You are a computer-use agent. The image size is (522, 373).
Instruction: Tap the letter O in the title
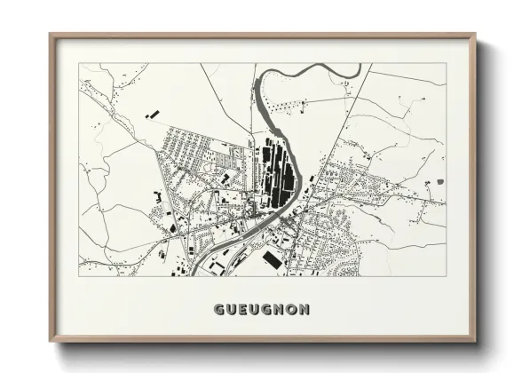click(x=291, y=310)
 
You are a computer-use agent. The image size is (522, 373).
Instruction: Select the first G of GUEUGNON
click(x=218, y=310)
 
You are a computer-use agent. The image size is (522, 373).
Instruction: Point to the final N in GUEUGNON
click(x=304, y=310)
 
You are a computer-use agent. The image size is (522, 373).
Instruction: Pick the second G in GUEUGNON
click(x=266, y=310)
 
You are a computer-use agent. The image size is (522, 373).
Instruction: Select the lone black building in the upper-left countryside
click(x=149, y=114)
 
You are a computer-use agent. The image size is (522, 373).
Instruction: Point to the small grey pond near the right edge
click(x=439, y=181)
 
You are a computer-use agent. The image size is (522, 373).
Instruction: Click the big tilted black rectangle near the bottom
click(x=273, y=258)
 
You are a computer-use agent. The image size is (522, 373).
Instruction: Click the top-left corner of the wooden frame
click(x=51, y=36)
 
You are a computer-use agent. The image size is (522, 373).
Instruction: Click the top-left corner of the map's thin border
click(x=79, y=63)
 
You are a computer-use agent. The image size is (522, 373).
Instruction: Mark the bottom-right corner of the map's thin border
click(x=446, y=275)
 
